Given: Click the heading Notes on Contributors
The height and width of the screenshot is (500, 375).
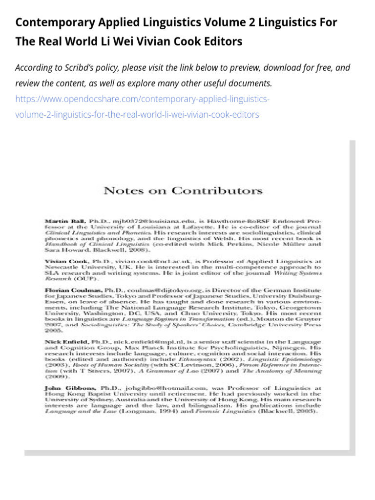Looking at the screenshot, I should click(183, 190).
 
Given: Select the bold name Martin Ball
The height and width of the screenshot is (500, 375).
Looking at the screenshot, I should click(59, 221).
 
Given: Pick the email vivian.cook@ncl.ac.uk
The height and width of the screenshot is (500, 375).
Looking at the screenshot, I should click(148, 261).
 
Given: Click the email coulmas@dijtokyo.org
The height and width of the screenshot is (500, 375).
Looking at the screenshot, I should click(161, 289).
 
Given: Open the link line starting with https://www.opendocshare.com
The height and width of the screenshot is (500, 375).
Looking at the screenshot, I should click(142, 100).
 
